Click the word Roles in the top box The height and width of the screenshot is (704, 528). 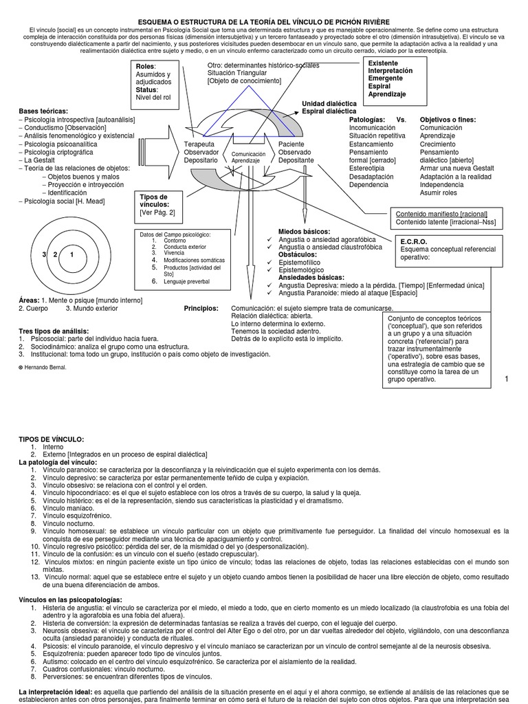click(x=144, y=66)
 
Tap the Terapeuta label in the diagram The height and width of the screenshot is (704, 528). click(x=199, y=144)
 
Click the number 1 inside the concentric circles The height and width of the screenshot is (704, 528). click(x=72, y=255)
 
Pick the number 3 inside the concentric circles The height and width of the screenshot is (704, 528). click(x=43, y=255)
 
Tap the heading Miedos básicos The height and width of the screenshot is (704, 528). click(x=304, y=231)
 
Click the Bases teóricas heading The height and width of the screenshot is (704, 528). click(x=43, y=111)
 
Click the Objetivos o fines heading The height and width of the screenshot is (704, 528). click(x=448, y=119)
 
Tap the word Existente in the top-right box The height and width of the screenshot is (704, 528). click(x=383, y=63)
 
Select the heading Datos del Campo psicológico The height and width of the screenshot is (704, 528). click(x=175, y=234)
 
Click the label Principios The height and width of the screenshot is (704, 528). click(x=201, y=308)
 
